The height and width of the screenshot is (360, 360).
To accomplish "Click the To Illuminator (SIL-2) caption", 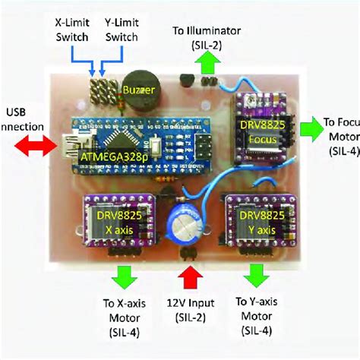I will click(207, 37).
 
